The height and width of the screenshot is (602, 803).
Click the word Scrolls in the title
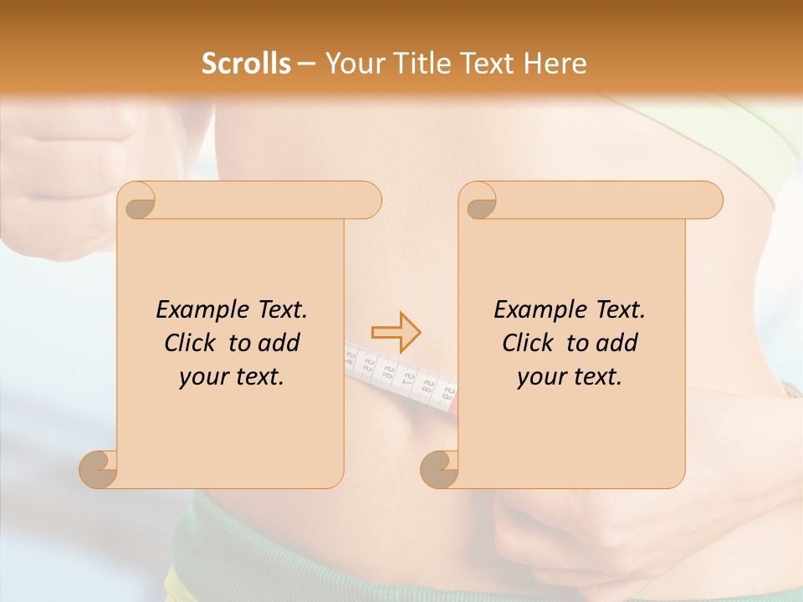(246, 64)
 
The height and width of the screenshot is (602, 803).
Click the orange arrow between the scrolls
(396, 332)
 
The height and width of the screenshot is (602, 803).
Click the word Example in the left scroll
(193, 310)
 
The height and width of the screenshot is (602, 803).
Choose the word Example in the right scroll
(531, 310)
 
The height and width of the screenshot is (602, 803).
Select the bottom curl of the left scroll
(99, 469)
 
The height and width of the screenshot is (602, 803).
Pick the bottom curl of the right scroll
(440, 469)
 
